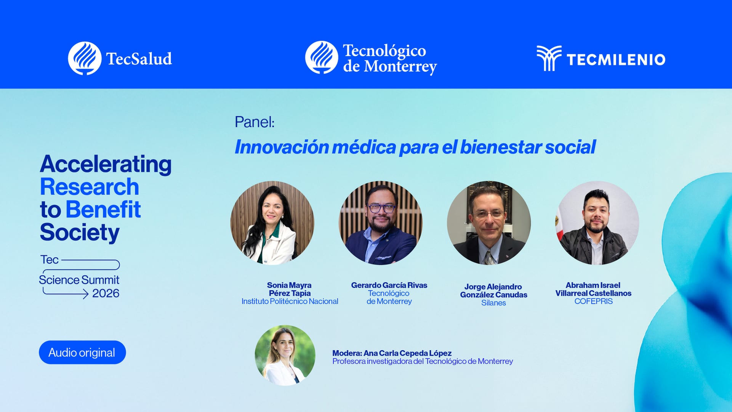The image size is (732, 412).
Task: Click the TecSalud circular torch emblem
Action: tap(85, 58)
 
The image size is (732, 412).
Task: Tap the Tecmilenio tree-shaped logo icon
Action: tap(549, 58)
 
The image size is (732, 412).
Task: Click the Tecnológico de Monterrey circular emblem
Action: tap(322, 58)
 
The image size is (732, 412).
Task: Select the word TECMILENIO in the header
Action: tap(616, 60)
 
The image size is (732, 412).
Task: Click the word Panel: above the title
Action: tap(254, 122)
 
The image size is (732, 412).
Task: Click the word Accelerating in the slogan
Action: tap(106, 164)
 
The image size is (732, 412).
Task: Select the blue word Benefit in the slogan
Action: tap(103, 210)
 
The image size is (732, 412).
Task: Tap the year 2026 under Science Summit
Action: tap(106, 293)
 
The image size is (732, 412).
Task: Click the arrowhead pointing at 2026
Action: tap(85, 293)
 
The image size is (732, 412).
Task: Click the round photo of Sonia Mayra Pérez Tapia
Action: tap(272, 223)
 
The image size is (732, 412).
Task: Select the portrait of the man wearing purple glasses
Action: tap(380, 223)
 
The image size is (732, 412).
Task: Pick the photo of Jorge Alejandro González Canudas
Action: tap(489, 223)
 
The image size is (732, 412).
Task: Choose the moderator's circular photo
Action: tap(285, 355)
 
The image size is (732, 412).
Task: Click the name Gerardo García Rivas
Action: tap(389, 285)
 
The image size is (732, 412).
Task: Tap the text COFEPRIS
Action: tap(593, 301)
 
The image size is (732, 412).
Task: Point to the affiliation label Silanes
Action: tap(493, 303)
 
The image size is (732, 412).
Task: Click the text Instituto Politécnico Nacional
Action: tap(290, 301)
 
